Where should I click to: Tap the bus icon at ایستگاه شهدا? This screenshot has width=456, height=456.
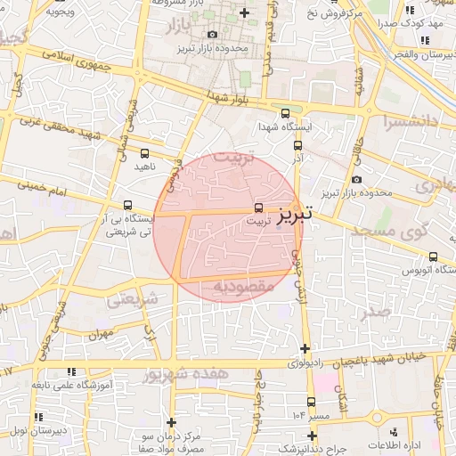pos(285,113)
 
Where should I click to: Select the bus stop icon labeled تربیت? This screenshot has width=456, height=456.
pos(258,207)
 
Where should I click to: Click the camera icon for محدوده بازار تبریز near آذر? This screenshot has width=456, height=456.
pos(357,180)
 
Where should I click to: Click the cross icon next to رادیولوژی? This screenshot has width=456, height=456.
pos(305,348)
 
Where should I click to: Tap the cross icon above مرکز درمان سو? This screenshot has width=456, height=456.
pos(172,421)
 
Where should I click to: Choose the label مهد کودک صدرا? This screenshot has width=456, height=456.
pos(422,24)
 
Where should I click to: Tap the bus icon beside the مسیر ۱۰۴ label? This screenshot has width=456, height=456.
pos(311,402)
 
